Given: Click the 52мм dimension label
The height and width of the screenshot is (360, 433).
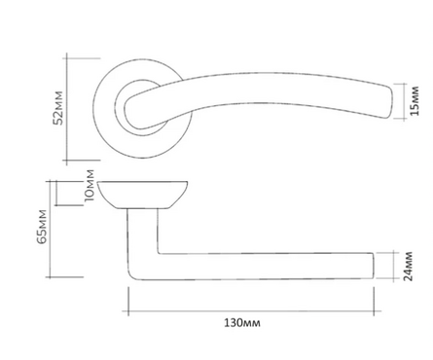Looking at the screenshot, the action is pos(58,108).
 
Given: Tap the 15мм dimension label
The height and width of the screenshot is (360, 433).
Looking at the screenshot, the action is pos(415,101).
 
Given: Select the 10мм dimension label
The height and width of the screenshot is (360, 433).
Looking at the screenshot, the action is pos(90,186).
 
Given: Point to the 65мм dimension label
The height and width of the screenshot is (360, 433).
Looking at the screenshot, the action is pos(42,227).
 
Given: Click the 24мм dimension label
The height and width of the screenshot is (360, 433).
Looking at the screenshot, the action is pos(408,266).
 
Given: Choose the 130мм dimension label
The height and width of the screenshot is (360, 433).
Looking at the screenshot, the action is pos(242,323).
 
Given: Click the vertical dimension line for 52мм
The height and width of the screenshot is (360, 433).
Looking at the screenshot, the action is pos(67,109).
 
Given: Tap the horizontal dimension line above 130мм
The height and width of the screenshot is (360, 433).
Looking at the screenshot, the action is pos(251,311).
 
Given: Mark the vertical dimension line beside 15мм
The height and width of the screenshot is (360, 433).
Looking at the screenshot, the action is pos(404,101).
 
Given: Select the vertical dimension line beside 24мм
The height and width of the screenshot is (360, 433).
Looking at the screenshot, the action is pos(394,266).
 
